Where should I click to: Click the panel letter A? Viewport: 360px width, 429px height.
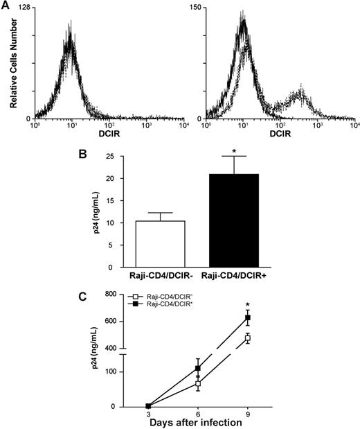click(8, 6)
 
